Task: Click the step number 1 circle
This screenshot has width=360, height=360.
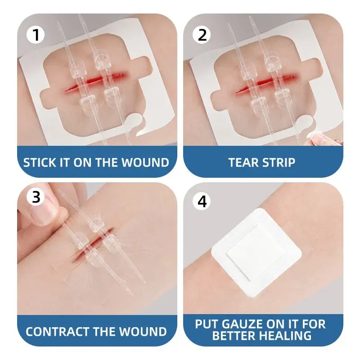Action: click(36, 35)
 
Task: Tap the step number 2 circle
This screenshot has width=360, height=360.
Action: click(202, 35)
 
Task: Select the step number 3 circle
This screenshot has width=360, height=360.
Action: click(36, 197)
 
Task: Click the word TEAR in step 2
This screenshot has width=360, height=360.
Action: click(243, 162)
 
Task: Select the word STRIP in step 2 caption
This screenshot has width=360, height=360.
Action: click(279, 162)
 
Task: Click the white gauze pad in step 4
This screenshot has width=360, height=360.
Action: click(256, 252)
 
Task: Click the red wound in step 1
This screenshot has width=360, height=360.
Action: click(96, 81)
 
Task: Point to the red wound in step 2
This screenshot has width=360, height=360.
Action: click(267, 82)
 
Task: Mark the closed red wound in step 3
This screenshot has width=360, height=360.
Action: click(92, 245)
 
